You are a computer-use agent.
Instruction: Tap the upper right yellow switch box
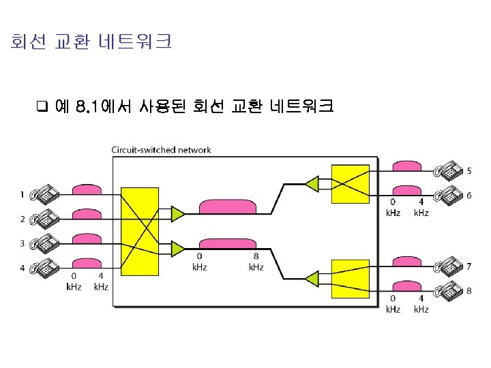(350, 184)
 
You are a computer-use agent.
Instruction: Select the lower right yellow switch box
(350, 278)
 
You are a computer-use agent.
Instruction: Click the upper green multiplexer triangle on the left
(177, 213)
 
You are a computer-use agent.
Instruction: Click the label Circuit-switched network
(162, 150)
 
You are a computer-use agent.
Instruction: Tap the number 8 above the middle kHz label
(256, 257)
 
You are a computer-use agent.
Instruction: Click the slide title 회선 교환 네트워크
(91, 42)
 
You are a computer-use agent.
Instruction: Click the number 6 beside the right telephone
(468, 196)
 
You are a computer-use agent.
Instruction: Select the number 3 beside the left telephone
(22, 243)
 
